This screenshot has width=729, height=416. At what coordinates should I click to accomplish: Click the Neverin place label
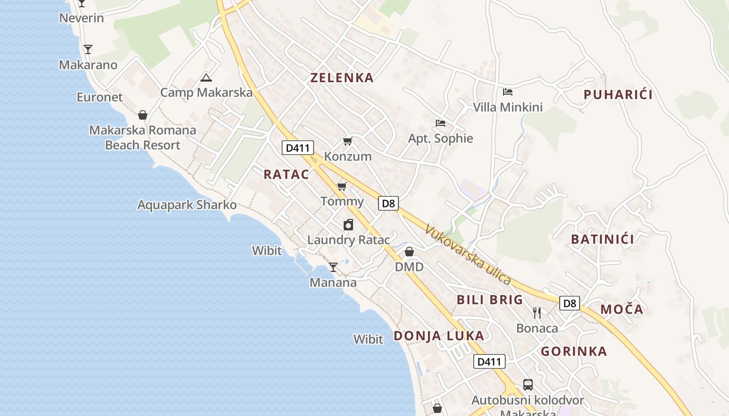click(x=81, y=18)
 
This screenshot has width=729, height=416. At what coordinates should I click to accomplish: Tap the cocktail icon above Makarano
click(x=88, y=49)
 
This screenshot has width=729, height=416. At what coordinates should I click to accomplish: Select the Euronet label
click(x=99, y=97)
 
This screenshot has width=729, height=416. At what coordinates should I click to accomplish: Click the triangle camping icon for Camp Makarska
click(x=206, y=79)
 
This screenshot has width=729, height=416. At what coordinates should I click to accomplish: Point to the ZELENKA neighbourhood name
click(x=342, y=78)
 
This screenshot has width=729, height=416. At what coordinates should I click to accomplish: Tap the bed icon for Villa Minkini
click(x=508, y=93)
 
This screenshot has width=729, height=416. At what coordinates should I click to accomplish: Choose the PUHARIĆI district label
click(x=618, y=95)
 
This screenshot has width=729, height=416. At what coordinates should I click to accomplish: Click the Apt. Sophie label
click(x=441, y=138)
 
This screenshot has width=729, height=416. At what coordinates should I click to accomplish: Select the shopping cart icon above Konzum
click(x=347, y=141)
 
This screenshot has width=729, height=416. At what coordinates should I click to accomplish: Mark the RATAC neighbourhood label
click(x=286, y=175)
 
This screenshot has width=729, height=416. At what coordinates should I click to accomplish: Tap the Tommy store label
click(x=342, y=202)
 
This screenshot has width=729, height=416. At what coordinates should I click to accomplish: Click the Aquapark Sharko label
click(x=187, y=205)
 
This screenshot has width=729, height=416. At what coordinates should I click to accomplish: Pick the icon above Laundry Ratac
click(x=348, y=225)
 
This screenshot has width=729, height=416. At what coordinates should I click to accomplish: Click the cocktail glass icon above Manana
click(x=333, y=267)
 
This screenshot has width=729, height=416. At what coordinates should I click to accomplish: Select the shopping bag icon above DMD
click(x=409, y=252)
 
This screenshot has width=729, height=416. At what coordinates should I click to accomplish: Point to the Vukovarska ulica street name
click(x=468, y=254)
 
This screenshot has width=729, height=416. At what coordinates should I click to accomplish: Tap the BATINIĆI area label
click(x=602, y=240)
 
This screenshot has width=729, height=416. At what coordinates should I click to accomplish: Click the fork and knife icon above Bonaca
click(x=537, y=313)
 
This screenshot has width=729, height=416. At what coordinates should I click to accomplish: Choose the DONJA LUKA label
click(x=439, y=336)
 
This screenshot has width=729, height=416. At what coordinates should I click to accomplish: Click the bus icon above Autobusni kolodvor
click(x=528, y=385)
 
